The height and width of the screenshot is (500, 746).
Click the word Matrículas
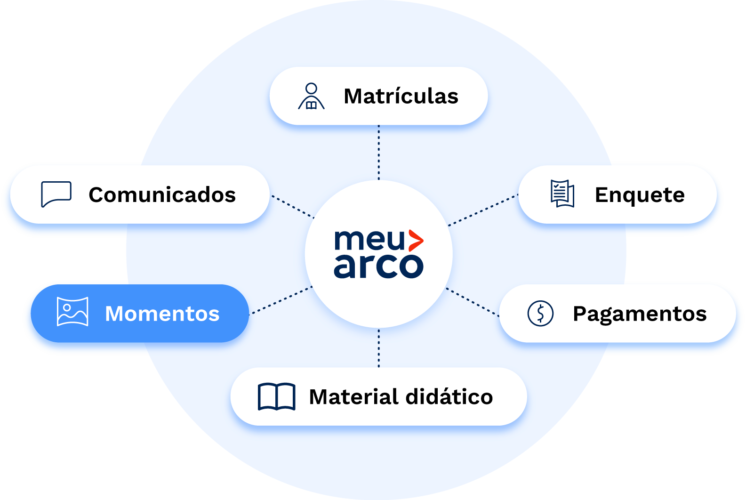point(401,97)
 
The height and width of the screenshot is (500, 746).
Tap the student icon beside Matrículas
point(311,97)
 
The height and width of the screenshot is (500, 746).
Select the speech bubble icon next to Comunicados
point(56,194)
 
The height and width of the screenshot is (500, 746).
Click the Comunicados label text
point(162,195)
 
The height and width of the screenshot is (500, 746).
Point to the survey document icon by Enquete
point(562,194)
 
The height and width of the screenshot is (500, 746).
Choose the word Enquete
point(640,195)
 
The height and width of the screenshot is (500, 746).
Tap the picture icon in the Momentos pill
point(72,311)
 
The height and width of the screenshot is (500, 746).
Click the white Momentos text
point(162,314)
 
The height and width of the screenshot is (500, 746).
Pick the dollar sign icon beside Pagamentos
point(540,313)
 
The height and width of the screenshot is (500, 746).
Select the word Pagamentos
point(640,314)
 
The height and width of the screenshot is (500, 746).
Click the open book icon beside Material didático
point(276,396)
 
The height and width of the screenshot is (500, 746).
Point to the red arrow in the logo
point(415,241)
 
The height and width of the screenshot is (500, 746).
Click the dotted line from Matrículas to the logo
point(379,152)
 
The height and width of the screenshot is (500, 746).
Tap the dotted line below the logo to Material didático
point(379,348)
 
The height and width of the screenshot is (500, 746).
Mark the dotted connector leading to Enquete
point(483,210)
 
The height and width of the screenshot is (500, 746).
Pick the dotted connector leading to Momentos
point(281,300)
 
